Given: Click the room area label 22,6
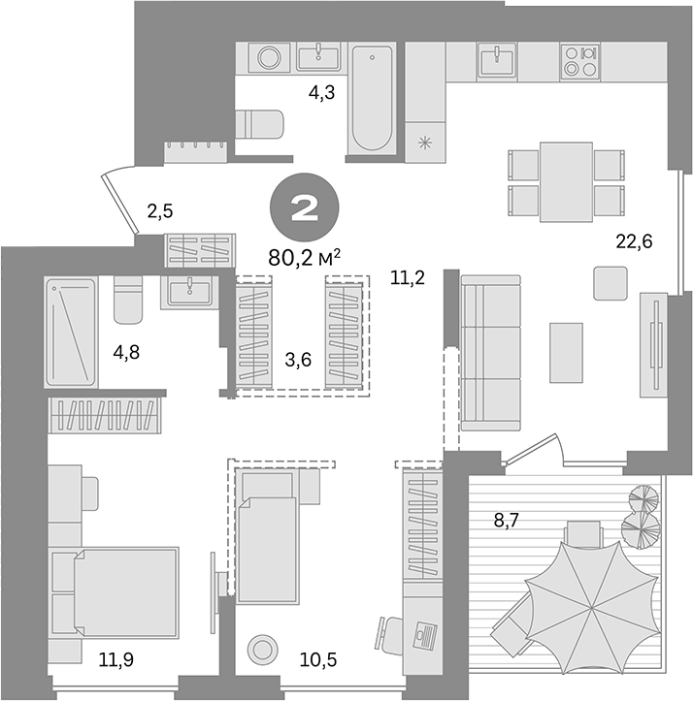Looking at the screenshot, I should [633, 241].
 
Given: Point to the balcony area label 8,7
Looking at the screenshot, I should [507, 520].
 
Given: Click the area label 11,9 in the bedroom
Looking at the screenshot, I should [116, 660].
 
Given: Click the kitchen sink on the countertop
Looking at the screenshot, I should [501, 60].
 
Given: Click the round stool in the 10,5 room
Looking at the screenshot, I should [262, 649].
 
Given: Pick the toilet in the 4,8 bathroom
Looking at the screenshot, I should [127, 301].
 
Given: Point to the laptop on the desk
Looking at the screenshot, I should [422, 638].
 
